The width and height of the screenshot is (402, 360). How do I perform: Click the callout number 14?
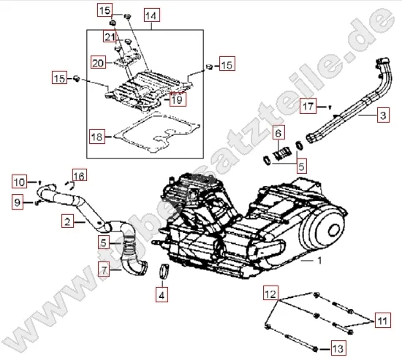click(x=150, y=15)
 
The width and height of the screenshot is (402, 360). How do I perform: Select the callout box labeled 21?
click(x=110, y=37)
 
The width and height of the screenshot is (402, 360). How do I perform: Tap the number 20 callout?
click(x=99, y=62)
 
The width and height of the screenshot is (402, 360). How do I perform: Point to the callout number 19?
click(x=177, y=100)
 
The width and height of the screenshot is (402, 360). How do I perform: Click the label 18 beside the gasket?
click(x=96, y=136)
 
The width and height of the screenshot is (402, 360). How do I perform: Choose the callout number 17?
click(x=309, y=107)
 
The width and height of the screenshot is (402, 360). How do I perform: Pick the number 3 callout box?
click(x=382, y=115)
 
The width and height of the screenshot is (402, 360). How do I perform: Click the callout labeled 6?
click(x=278, y=133)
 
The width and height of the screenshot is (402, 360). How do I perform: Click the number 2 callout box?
click(x=66, y=221)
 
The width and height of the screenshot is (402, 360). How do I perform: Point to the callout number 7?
click(x=105, y=270)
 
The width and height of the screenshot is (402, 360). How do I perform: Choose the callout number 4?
click(x=162, y=296)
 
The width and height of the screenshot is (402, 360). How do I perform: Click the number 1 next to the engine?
click(x=317, y=259)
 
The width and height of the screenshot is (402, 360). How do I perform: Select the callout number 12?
click(x=271, y=294)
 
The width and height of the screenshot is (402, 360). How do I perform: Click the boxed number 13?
click(x=337, y=345)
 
